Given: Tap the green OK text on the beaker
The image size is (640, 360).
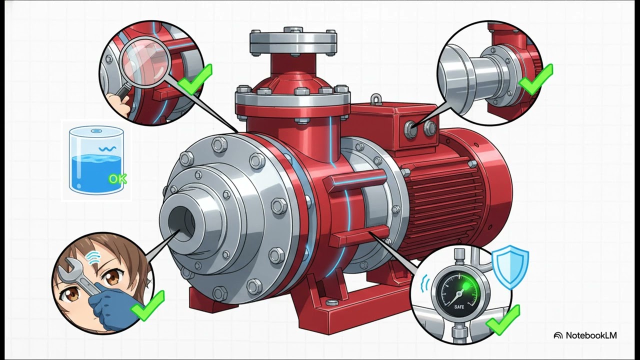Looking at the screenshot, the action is coord(117,179).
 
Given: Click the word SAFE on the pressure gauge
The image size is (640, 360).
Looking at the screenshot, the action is coord(459,307).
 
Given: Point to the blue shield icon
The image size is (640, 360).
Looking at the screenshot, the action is coord(510,267).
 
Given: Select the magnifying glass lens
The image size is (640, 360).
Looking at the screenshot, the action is coord(145,62).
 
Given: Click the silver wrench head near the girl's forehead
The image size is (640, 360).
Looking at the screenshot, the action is coord(71,268).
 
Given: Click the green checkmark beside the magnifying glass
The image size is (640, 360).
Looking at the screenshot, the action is coord(195,79).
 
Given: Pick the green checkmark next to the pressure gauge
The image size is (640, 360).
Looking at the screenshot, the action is coord(503,320).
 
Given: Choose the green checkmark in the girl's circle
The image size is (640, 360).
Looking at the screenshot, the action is coord(147,306).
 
